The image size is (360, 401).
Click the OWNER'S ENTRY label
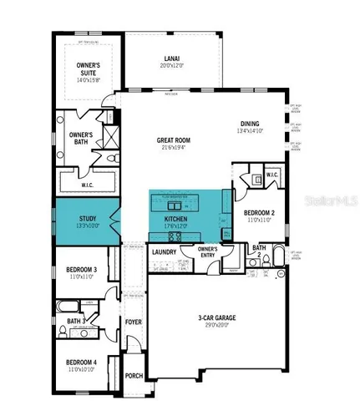click(206, 252)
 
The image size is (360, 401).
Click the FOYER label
click(134, 321)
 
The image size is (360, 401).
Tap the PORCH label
click(134, 375)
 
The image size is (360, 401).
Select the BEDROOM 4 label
click(82, 362)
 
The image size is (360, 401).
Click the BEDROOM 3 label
click(82, 269)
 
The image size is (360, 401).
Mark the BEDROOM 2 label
click(260, 213)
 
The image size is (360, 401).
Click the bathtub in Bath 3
click(81, 332)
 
